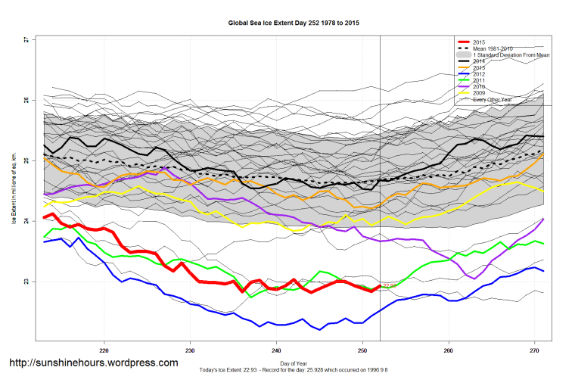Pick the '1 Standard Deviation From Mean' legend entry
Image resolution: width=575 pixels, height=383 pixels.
[510, 55]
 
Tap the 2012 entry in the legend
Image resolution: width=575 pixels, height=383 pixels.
[480, 73]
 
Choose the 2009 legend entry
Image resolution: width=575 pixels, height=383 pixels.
[480, 92]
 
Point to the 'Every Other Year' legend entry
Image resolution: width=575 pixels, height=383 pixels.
[496, 99]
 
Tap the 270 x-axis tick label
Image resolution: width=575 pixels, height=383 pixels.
[534, 350]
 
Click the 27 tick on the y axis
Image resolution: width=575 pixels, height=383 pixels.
[26, 39]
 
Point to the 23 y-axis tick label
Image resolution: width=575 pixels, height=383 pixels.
[26, 282]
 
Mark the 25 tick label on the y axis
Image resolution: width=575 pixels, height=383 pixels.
[26, 160]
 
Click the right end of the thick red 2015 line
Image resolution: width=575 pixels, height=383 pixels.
[380, 286]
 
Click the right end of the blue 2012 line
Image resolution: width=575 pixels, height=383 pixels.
[543, 271]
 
